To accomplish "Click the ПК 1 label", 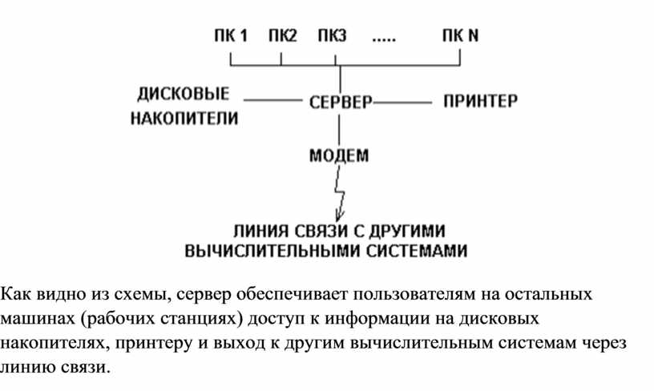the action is point(231,35).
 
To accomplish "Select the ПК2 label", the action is point(282,35).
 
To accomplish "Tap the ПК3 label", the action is point(332,35).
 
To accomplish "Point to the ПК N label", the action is point(460,35).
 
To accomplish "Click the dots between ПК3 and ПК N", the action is point(384,40).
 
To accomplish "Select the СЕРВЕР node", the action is point(341,102).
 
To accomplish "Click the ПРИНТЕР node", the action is point(480,101).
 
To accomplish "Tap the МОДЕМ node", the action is point(339,155).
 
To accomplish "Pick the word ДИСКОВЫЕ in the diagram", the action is point(183,94).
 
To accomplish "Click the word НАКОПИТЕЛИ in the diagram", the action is point(184,119).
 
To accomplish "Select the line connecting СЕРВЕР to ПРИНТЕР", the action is point(402,102).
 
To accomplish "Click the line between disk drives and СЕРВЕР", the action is point(272,100).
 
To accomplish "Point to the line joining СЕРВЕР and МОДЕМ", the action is point(339,130).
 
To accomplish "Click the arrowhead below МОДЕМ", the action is point(340,216).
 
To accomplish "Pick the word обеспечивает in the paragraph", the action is point(292,295).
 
